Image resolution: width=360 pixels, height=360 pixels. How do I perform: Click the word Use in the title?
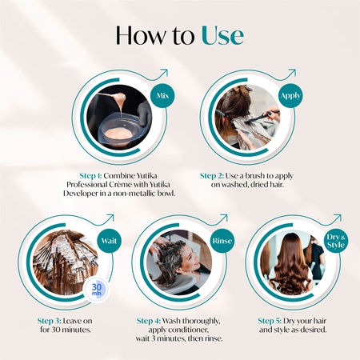(x=222, y=35)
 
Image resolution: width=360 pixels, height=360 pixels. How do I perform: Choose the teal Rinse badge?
(x=221, y=239)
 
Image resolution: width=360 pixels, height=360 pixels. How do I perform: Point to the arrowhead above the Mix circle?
(x=166, y=72)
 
